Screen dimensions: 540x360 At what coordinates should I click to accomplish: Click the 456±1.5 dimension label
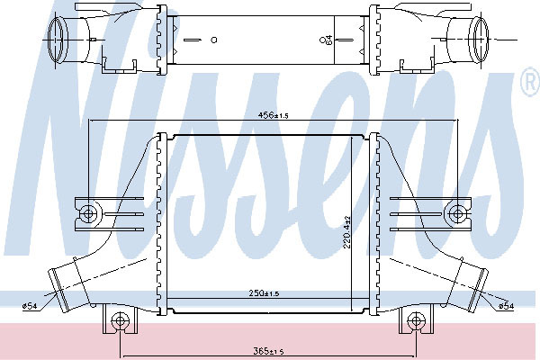pos(273,115)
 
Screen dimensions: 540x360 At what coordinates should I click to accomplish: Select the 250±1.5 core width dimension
pos(264,293)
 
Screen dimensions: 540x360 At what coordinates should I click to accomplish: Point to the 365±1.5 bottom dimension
pos(268,351)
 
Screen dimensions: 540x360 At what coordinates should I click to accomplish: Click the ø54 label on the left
pos(30,306)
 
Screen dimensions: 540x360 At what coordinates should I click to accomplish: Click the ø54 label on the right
pos(507,306)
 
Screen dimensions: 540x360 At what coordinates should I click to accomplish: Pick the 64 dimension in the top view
pos(329,40)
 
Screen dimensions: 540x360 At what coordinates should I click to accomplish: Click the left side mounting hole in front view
pos(88,213)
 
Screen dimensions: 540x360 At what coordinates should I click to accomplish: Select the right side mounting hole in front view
pos(457,213)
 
